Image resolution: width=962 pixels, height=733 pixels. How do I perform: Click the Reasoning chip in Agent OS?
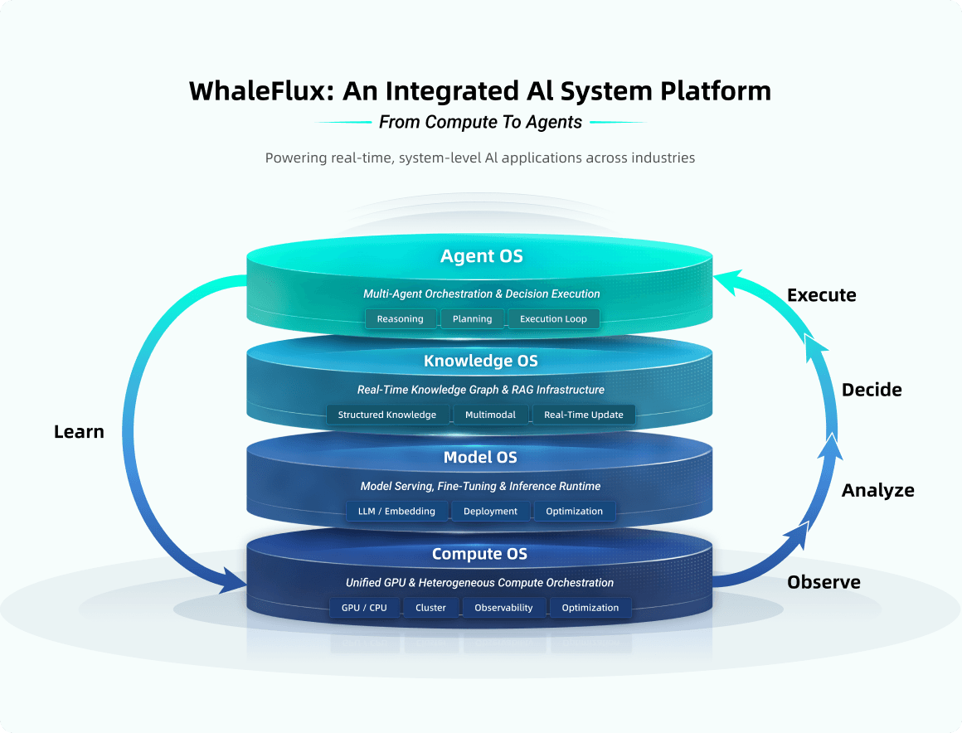click(x=401, y=319)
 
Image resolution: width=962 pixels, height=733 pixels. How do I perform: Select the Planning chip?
click(x=472, y=319)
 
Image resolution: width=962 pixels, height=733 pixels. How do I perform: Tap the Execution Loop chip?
click(x=553, y=319)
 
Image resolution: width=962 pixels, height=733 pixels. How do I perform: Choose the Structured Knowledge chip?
click(x=387, y=415)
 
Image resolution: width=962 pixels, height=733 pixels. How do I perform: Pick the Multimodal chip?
click(x=490, y=415)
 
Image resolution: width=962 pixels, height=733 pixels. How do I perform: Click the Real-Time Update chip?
click(x=584, y=415)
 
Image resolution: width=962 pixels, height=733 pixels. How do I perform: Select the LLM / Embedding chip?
click(x=396, y=512)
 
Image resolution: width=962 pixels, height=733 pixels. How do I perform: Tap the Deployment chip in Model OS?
click(x=490, y=512)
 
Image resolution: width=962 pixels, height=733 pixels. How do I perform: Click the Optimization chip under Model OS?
click(x=574, y=512)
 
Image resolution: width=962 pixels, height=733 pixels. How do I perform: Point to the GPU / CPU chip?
click(x=364, y=608)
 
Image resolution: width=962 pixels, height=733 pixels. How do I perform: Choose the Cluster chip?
click(x=430, y=608)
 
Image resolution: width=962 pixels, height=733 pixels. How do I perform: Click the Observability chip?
click(x=503, y=608)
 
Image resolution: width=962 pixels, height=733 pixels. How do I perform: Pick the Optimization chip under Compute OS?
click(x=590, y=608)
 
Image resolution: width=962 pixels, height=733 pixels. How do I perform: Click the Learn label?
click(x=79, y=432)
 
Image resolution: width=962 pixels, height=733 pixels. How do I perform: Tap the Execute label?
click(x=821, y=295)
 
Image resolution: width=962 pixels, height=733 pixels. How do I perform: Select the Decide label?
click(x=872, y=390)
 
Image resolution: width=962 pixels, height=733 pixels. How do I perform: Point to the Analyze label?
click(x=877, y=491)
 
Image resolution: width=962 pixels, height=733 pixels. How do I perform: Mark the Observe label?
click(x=824, y=582)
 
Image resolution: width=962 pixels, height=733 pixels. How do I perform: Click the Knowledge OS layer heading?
click(x=481, y=361)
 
